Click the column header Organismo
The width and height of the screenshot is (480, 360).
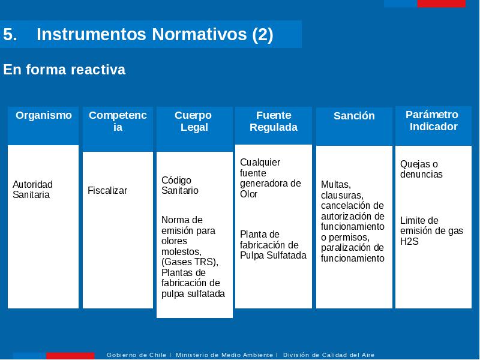pos(44,115)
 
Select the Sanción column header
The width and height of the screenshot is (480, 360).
pos(354,116)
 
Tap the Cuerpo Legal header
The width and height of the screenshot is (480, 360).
pos(193,121)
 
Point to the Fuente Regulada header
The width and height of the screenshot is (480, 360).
pos(274,121)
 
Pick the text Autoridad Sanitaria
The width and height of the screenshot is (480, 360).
pos(32,190)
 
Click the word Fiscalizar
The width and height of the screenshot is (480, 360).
pos(107,190)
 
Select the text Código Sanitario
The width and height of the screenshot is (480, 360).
pos(179,185)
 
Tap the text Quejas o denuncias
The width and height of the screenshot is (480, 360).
pos(421,169)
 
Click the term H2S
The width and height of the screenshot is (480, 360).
pos(409,241)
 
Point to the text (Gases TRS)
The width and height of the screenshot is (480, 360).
pos(189,262)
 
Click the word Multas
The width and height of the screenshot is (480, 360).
pos(335,185)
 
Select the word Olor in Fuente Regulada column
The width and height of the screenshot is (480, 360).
pos(248,194)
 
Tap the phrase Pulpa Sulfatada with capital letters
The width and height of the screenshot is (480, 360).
pos(273,256)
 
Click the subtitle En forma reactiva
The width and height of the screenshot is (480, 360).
pos(64,70)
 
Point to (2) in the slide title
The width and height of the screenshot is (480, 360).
pos(263,34)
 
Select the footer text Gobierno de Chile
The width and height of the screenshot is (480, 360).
pos(136,355)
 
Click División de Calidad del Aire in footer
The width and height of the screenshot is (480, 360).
pos(328,355)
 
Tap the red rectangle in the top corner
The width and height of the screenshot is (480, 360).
pos(442,4)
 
